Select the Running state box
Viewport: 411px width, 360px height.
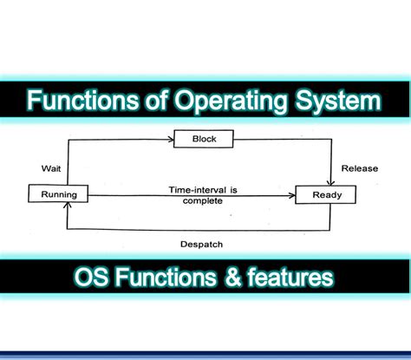pyautogui.click(x=59, y=194)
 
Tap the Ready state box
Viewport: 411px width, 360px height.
pyautogui.click(x=327, y=194)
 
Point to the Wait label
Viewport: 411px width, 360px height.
pyautogui.click(x=50, y=167)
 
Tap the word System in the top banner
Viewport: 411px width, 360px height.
pyautogui.click(x=340, y=102)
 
